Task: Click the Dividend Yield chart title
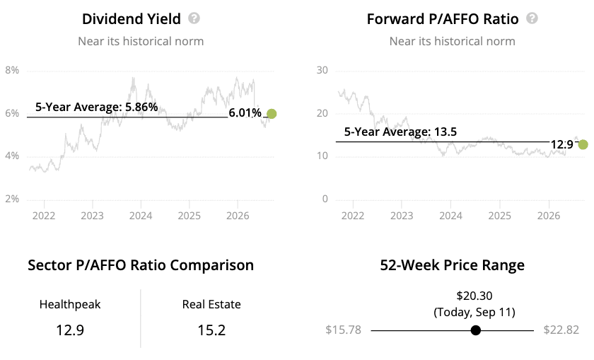pyautogui.click(x=131, y=19)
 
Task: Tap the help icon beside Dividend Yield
pyautogui.click(x=194, y=18)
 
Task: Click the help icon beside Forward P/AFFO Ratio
pyautogui.click(x=532, y=18)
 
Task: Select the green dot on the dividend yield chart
pyautogui.click(x=272, y=114)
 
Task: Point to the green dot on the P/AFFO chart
pyautogui.click(x=583, y=144)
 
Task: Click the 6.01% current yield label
pyautogui.click(x=245, y=113)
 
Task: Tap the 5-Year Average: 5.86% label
pyautogui.click(x=97, y=107)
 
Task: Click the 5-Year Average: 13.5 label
pyautogui.click(x=400, y=132)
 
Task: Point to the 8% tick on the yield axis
pyautogui.click(x=12, y=70)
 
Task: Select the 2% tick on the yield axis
pyautogui.click(x=12, y=199)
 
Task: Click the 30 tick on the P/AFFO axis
pyautogui.click(x=322, y=70)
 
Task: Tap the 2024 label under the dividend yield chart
pyautogui.click(x=141, y=216)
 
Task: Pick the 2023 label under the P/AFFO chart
pyautogui.click(x=402, y=216)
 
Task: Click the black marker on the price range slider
pyautogui.click(x=476, y=330)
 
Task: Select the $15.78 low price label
pyautogui.click(x=343, y=330)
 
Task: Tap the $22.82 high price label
pyautogui.click(x=561, y=330)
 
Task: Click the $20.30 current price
pyautogui.click(x=474, y=296)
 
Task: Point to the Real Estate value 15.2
pyautogui.click(x=211, y=330)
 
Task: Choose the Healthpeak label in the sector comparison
pyautogui.click(x=70, y=304)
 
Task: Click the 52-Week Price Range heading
pyautogui.click(x=453, y=265)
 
